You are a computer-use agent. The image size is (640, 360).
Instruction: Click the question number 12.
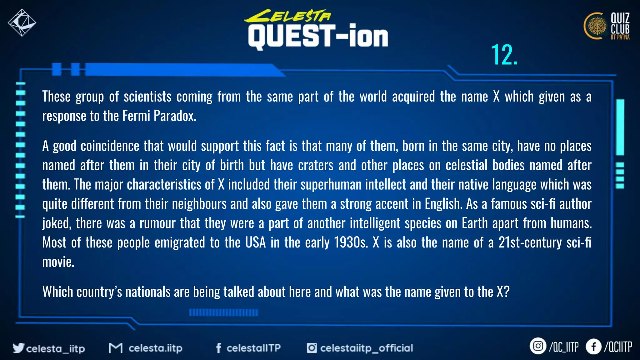504,55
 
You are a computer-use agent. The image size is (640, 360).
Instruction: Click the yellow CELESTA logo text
287,16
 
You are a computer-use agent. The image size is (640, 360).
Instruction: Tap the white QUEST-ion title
318,37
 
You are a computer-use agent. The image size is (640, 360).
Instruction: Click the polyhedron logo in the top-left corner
22,22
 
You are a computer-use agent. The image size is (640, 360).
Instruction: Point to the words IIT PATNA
620,37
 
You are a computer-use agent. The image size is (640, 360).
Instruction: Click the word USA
255,242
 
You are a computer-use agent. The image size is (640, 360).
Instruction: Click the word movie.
58,262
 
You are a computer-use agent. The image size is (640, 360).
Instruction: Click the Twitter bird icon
18,348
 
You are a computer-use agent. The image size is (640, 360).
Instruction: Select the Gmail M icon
115,348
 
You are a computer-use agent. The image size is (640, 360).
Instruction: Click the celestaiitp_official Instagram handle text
366,348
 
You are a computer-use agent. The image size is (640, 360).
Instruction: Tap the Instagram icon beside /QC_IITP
538,346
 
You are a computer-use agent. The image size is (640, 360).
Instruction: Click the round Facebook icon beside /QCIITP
593,347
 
